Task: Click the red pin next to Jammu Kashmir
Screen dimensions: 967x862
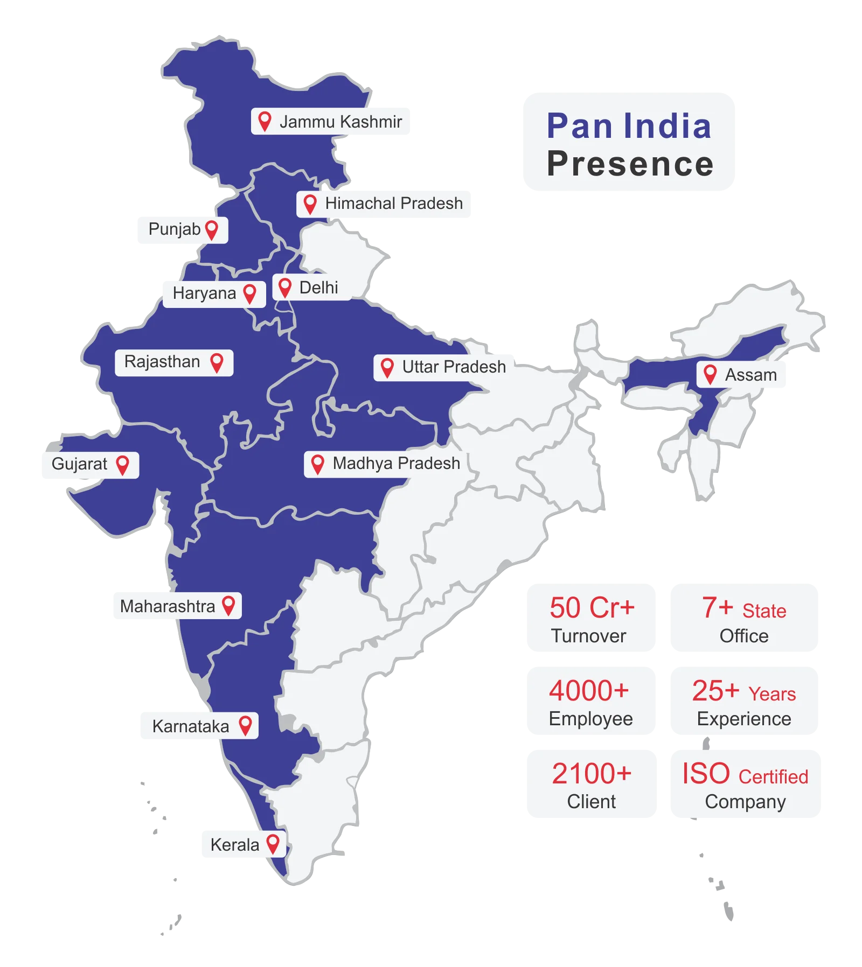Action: pyautogui.click(x=264, y=121)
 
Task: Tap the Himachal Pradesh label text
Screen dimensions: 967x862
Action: pyautogui.click(x=393, y=204)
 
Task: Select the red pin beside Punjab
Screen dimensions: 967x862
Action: pyautogui.click(x=212, y=229)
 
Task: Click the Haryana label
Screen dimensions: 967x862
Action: pyautogui.click(x=204, y=293)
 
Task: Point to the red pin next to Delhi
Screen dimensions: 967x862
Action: pyautogui.click(x=285, y=287)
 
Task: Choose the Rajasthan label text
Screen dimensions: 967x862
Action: pyautogui.click(x=162, y=362)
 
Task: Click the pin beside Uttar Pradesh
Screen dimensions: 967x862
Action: pyautogui.click(x=387, y=367)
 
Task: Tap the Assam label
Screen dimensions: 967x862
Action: pyautogui.click(x=750, y=375)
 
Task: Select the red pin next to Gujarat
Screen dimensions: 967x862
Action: pyautogui.click(x=123, y=464)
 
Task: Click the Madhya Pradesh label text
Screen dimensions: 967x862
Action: pyautogui.click(x=396, y=464)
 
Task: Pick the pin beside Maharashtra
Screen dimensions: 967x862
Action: pyautogui.click(x=228, y=605)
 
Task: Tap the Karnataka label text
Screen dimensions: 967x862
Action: pyautogui.click(x=190, y=726)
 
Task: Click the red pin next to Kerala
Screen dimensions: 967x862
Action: pyautogui.click(x=273, y=843)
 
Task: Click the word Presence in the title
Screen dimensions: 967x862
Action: pyautogui.click(x=630, y=164)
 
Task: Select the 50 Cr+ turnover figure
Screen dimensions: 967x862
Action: pyautogui.click(x=592, y=608)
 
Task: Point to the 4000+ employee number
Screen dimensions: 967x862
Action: pyautogui.click(x=589, y=691)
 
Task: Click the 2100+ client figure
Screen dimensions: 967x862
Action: pyautogui.click(x=591, y=774)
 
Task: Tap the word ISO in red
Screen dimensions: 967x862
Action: pyautogui.click(x=706, y=774)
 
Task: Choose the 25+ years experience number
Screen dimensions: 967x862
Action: pyautogui.click(x=715, y=691)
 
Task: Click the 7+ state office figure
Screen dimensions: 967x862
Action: pyautogui.click(x=717, y=608)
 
